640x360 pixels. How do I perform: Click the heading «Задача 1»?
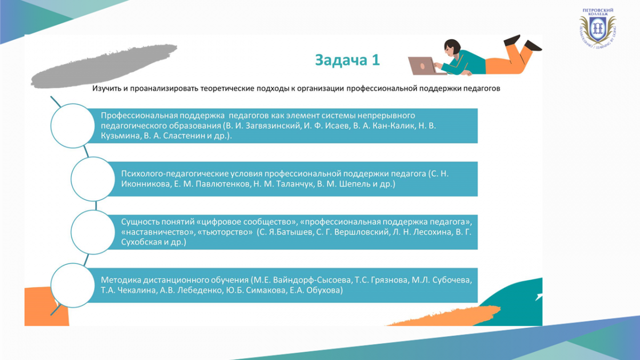pyautogui.click(x=347, y=60)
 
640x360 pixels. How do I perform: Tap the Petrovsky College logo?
pyautogui.click(x=597, y=28)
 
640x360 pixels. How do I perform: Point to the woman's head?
pyautogui.click(x=452, y=47)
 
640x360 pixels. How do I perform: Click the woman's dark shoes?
pyautogui.click(x=523, y=43)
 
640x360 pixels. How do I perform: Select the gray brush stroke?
pyautogui.click(x=104, y=66)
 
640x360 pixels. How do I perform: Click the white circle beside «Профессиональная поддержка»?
pyautogui.click(x=73, y=126)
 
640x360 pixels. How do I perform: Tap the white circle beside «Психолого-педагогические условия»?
pyautogui.click(x=93, y=179)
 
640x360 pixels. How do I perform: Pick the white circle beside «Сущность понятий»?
pyautogui.click(x=93, y=232)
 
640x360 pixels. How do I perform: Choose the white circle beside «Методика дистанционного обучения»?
pyautogui.click(x=73, y=285)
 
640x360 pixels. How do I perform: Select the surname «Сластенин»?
pyautogui.click(x=183, y=135)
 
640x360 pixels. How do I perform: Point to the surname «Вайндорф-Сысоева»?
pyautogui.click(x=313, y=280)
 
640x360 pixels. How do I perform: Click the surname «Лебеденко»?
pyautogui.click(x=199, y=290)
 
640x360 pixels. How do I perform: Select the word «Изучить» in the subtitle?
pyautogui.click(x=107, y=89)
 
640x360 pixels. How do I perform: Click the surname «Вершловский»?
pyautogui.click(x=361, y=231)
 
